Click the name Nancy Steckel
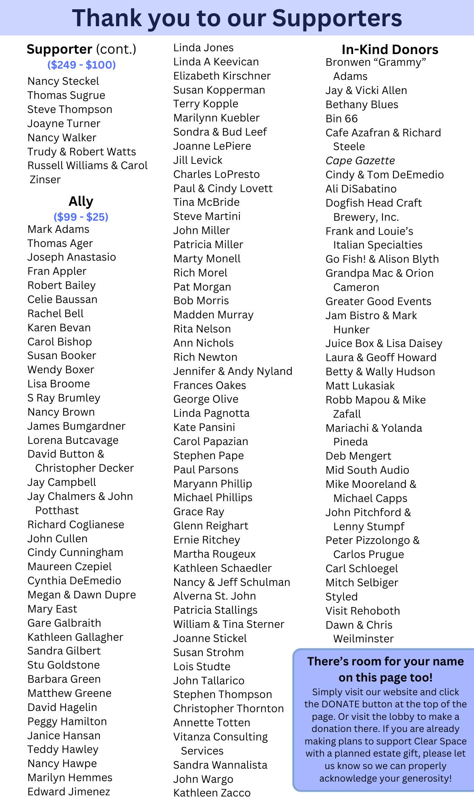click(x=63, y=81)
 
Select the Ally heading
click(x=81, y=201)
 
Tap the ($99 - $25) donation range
click(x=81, y=217)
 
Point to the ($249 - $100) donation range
click(x=81, y=65)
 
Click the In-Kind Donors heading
click(x=390, y=50)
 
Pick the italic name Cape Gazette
click(x=360, y=161)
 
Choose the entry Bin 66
click(x=341, y=119)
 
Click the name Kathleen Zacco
click(x=212, y=793)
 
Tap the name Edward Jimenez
click(x=69, y=792)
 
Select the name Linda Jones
click(x=203, y=48)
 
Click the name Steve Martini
click(x=207, y=216)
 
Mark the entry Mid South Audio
click(x=367, y=470)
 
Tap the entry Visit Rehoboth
click(x=363, y=611)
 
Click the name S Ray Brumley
click(x=64, y=398)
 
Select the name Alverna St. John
click(x=214, y=596)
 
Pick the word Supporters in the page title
click(x=337, y=18)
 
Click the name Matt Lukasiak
click(x=360, y=386)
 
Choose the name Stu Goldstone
click(x=63, y=665)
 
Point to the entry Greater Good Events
click(x=378, y=301)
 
